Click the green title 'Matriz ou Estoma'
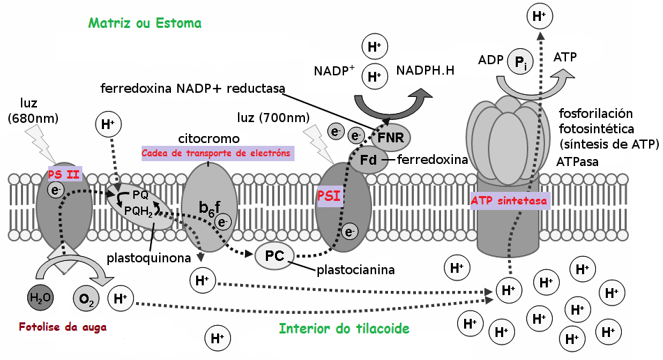pos(144,23)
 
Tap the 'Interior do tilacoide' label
pos(344,328)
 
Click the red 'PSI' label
pos(329,196)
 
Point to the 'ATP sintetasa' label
pos(509,200)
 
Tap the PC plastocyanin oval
pos(274,256)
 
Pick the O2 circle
pos(86,300)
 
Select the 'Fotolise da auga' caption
pos(57,326)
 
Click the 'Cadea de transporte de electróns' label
pos(216,153)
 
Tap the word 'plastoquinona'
pos(149,258)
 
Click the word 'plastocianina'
pos(356,269)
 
